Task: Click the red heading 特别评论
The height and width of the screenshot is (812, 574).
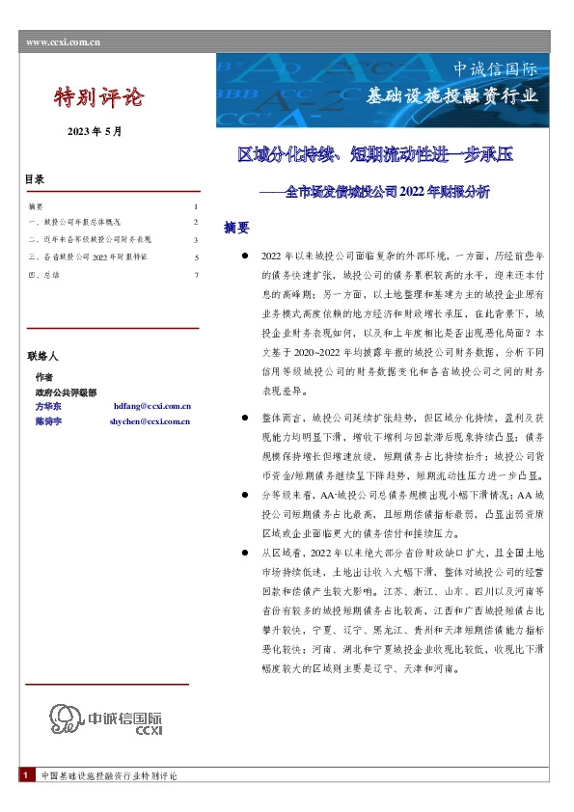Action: tap(97, 97)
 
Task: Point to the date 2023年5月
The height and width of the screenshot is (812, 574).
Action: tap(95, 129)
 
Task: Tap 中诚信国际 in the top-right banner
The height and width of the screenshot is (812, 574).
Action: tap(496, 69)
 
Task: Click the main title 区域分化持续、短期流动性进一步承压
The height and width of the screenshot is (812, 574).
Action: tap(375, 154)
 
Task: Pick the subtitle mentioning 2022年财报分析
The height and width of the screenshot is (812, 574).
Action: tap(375, 192)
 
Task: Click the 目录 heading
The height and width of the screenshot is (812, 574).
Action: tap(35, 180)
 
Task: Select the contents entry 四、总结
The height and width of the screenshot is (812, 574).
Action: tap(44, 275)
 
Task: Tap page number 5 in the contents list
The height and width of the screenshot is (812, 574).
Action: tap(196, 257)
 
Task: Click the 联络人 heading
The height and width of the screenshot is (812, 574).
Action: tap(42, 357)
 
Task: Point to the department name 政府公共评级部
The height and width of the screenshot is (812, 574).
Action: tap(60, 392)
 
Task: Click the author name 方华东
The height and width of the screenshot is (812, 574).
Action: tap(47, 407)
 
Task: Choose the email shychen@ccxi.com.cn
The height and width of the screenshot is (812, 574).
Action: tap(150, 421)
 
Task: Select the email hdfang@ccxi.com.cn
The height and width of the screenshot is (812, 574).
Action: tap(152, 407)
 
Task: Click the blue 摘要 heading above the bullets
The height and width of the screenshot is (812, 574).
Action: tap(237, 229)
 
